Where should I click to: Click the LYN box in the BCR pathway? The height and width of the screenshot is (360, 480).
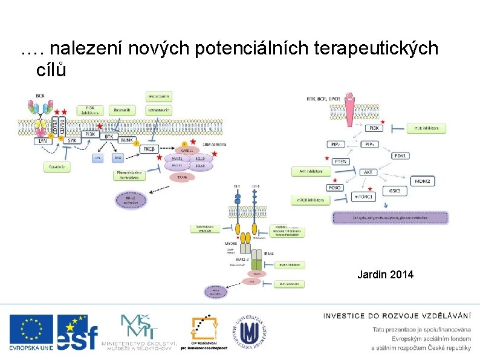[x=42, y=140]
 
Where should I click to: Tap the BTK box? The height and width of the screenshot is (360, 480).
[x=109, y=137]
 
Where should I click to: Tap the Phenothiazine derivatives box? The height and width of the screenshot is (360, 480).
[x=129, y=175]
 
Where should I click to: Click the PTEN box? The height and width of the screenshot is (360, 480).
[x=340, y=161]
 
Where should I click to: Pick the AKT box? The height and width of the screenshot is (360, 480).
[x=368, y=172]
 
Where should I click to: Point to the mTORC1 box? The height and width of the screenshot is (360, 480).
[x=364, y=197]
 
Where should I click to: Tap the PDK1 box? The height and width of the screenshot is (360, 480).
[x=400, y=155]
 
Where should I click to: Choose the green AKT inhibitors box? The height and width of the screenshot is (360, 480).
[x=311, y=171]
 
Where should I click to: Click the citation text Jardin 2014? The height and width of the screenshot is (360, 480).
[x=385, y=275]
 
